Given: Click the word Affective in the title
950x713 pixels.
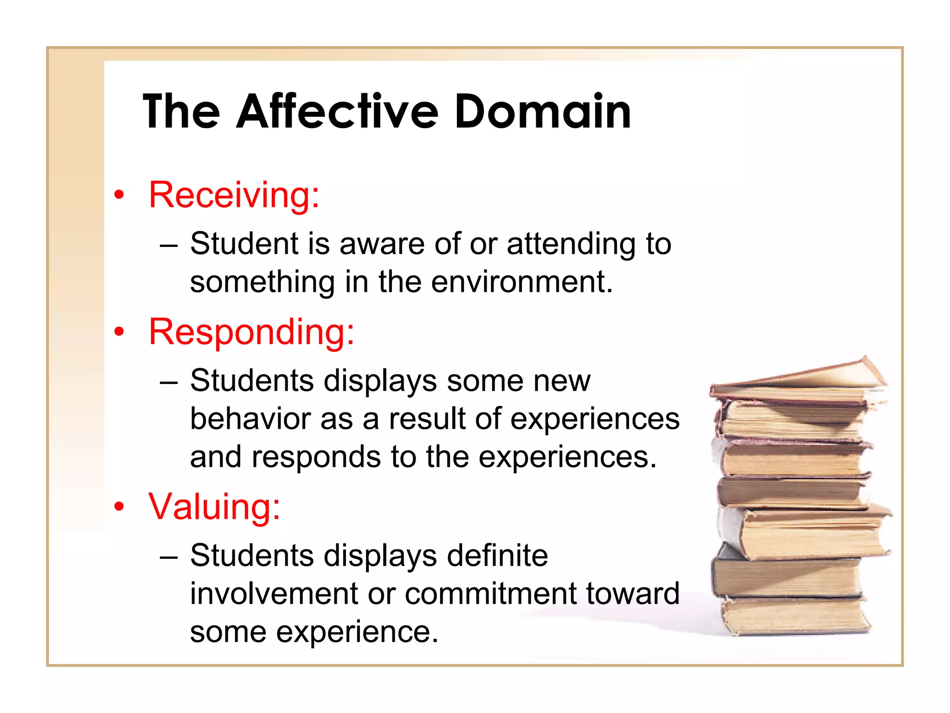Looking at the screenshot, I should tap(337, 112).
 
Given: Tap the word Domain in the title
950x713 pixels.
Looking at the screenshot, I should tap(542, 112).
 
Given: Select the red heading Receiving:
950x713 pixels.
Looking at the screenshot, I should tap(234, 195).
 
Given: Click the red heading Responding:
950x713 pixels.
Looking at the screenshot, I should tap(251, 332).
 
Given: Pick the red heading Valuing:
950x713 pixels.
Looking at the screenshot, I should tap(214, 506).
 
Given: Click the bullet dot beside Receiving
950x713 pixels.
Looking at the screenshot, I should tap(120, 195).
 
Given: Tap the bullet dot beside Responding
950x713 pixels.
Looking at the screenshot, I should tap(120, 332).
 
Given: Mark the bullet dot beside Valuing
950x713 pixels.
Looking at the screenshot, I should tap(120, 506).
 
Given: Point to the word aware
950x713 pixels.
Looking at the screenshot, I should tap(382, 244).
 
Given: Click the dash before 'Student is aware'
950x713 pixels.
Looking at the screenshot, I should tap(168, 245).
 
